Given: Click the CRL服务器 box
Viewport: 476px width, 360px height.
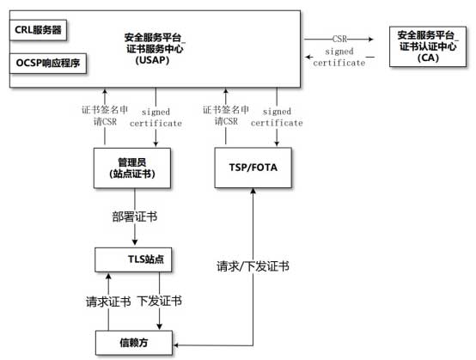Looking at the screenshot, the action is (x=39, y=30).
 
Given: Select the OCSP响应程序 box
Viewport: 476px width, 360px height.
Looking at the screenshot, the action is (x=48, y=63).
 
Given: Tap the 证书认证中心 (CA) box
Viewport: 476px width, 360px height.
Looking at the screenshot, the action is (x=428, y=46).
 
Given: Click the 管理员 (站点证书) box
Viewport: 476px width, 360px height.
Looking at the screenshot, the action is (x=132, y=168).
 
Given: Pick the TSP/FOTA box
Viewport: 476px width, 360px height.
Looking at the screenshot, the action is (x=253, y=168).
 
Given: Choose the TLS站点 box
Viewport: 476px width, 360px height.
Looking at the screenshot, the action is (x=133, y=259).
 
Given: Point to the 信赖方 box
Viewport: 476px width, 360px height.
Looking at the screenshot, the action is (x=134, y=343).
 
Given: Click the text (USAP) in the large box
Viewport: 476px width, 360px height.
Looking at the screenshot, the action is (x=152, y=60).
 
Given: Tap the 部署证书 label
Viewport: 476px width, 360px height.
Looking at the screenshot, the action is (x=135, y=217).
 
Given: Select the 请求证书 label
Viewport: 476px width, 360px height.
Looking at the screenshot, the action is (x=108, y=302).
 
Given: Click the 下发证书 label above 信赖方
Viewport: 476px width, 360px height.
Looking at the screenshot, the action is (x=160, y=301).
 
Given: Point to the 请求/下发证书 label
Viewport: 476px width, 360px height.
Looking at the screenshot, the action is (x=253, y=266).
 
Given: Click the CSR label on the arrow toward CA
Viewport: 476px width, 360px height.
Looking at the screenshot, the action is (x=339, y=39).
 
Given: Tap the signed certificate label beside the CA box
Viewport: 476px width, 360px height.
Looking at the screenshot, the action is (x=339, y=57).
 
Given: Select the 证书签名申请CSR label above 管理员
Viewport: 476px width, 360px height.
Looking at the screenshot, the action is (x=105, y=116).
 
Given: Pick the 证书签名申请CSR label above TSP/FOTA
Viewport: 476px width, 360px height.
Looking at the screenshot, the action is (x=226, y=115).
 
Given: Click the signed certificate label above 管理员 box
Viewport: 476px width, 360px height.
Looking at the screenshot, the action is (x=156, y=118).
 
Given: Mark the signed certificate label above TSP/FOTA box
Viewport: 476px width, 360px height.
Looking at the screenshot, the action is (x=277, y=117).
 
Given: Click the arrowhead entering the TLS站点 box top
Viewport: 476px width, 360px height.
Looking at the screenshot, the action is (x=135, y=242).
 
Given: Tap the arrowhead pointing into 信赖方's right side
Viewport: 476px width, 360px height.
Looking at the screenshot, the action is (x=176, y=345).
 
